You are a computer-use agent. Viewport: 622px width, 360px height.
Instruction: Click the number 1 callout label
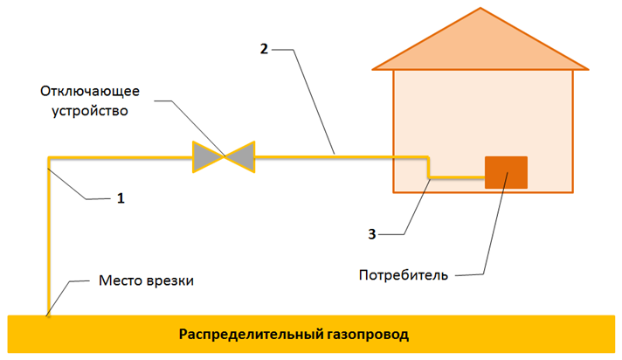click(121, 198)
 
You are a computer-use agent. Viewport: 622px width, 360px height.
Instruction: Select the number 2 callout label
click(264, 49)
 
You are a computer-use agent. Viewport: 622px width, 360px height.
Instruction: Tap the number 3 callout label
click(371, 234)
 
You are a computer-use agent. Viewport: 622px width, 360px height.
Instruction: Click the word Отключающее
click(90, 91)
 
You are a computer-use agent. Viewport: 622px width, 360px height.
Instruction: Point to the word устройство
click(90, 111)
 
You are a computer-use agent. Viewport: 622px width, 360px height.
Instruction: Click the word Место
click(121, 280)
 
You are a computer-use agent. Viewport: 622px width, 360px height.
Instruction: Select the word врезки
click(170, 280)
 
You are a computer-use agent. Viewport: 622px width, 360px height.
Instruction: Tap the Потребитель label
click(404, 275)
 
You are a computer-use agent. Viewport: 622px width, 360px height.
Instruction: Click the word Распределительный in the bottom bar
click(252, 334)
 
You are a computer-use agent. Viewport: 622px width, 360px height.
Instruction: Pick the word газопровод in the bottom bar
click(368, 335)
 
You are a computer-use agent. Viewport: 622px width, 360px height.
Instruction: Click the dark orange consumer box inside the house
click(506, 172)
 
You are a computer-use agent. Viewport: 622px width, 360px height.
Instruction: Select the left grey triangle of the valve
click(207, 156)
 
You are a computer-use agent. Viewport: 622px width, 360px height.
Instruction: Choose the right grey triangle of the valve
click(240, 156)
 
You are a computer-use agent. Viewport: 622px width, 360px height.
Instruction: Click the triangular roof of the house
click(480, 44)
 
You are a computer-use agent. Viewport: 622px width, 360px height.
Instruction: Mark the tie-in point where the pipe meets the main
click(48, 315)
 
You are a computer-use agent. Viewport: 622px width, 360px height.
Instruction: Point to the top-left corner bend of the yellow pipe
click(49, 158)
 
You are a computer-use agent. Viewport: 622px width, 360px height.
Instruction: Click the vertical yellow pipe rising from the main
click(49, 237)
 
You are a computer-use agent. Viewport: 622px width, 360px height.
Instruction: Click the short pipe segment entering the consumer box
click(458, 177)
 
